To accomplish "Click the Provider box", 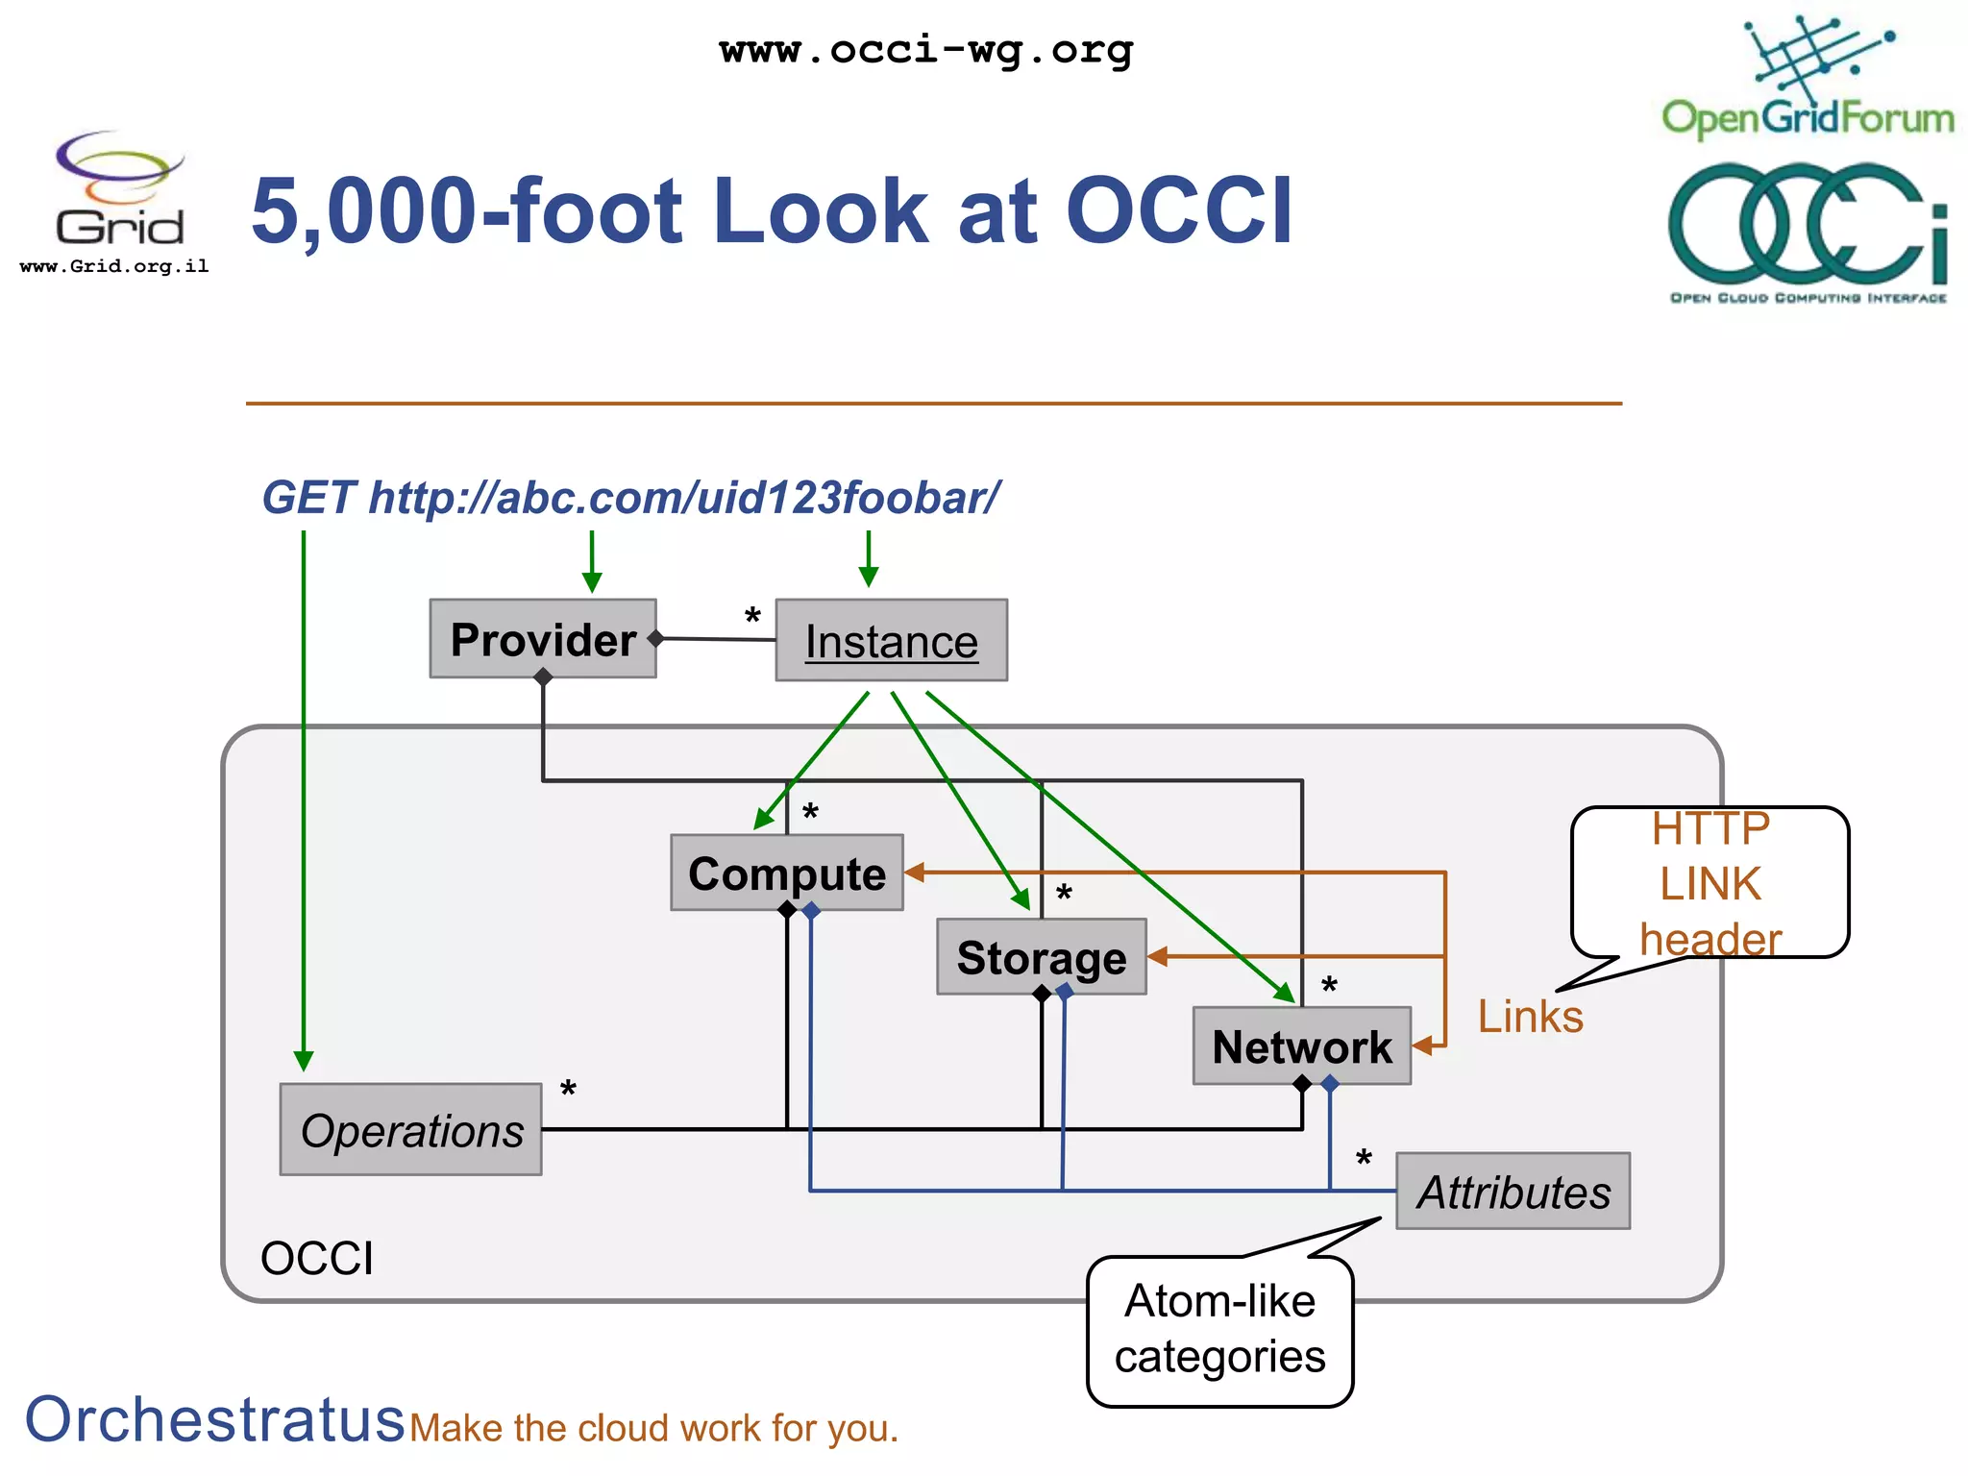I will (543, 639).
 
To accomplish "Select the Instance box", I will (891, 641).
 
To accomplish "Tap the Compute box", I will (786, 873).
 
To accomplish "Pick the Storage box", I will (1041, 957).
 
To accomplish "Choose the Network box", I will (1301, 1045).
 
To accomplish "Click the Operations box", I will (410, 1130).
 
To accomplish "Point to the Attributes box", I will (1513, 1192).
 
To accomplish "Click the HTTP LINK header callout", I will (1710, 883).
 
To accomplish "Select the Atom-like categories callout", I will (1219, 1331).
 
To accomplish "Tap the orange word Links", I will (1530, 1017).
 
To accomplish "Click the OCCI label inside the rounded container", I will (316, 1258).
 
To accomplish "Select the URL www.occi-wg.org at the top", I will (926, 49).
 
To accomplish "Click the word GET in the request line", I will (308, 498).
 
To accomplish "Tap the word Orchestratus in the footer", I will (214, 1419).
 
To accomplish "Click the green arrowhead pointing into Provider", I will (592, 581).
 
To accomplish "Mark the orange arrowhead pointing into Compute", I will (915, 872).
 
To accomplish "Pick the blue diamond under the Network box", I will (1330, 1084).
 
